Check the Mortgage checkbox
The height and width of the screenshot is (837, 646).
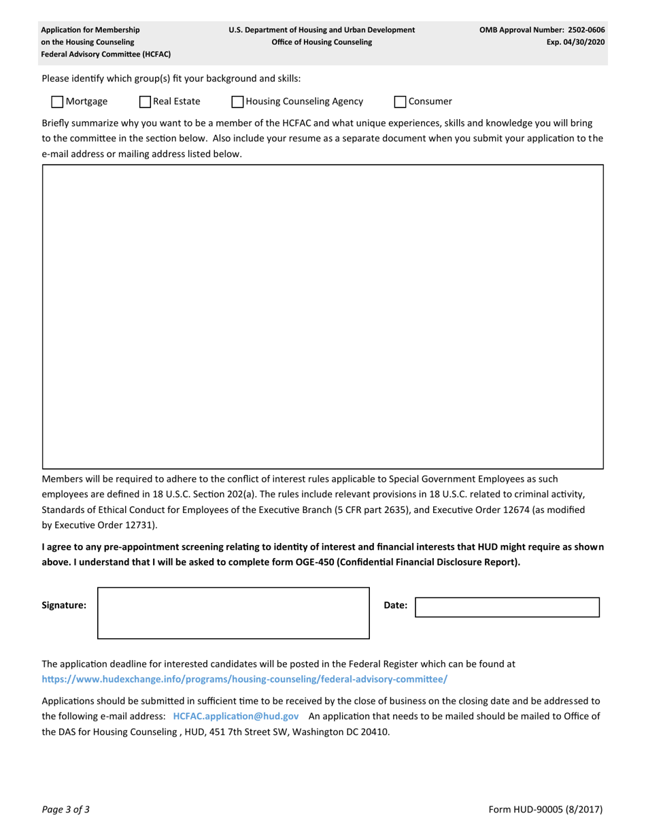click(x=58, y=102)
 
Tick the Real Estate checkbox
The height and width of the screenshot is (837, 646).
click(x=145, y=102)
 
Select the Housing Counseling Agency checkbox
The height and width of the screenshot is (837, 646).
click(x=237, y=102)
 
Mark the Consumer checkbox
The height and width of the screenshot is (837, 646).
click(x=401, y=102)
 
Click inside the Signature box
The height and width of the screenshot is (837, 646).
click(x=233, y=612)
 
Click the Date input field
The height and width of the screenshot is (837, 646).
click(x=507, y=607)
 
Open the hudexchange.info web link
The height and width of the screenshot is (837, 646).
click(x=245, y=679)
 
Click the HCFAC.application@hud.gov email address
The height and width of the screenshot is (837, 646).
click(x=236, y=716)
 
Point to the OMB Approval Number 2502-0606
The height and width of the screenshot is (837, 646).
click(x=542, y=30)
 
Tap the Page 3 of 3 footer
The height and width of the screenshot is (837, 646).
click(x=65, y=810)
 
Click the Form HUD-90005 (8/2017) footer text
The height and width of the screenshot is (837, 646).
click(x=545, y=810)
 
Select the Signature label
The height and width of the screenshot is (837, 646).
click(x=64, y=605)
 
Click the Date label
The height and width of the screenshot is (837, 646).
click(x=396, y=605)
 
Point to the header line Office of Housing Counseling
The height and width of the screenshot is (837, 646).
click(x=322, y=42)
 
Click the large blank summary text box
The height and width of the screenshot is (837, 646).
click(x=323, y=316)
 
